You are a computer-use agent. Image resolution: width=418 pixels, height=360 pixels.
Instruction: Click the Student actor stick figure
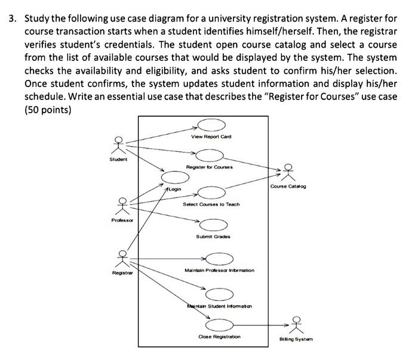[x=119, y=145]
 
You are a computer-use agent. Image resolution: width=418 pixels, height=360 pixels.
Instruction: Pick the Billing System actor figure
[x=296, y=325]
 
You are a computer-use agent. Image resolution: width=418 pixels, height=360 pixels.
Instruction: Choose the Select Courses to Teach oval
[x=211, y=193]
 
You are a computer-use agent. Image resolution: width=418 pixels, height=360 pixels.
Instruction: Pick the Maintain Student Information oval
[x=219, y=294]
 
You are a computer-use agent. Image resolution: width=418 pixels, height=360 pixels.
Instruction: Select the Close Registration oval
[x=220, y=325]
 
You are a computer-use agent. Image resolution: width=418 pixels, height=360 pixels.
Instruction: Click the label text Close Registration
[x=219, y=337]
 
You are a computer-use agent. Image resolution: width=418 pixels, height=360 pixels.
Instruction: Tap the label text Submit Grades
[x=213, y=237]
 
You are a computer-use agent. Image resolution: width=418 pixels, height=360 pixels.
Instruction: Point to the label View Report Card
[x=211, y=136]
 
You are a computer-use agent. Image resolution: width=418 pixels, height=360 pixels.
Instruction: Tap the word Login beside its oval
[x=175, y=188]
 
